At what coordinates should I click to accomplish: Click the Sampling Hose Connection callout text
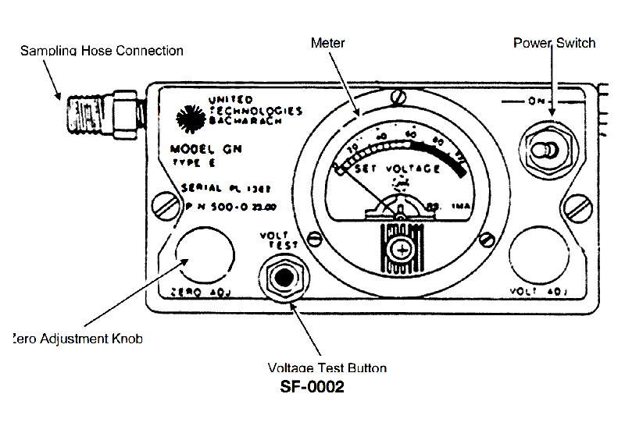click(x=102, y=51)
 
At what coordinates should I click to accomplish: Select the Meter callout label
click(x=328, y=42)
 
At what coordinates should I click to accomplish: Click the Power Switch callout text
click(x=554, y=42)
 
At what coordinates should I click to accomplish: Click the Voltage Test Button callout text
click(x=327, y=367)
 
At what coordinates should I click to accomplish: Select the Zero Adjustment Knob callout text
click(x=78, y=339)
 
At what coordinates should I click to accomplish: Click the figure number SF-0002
click(x=312, y=387)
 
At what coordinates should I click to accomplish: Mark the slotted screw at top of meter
click(x=398, y=98)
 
